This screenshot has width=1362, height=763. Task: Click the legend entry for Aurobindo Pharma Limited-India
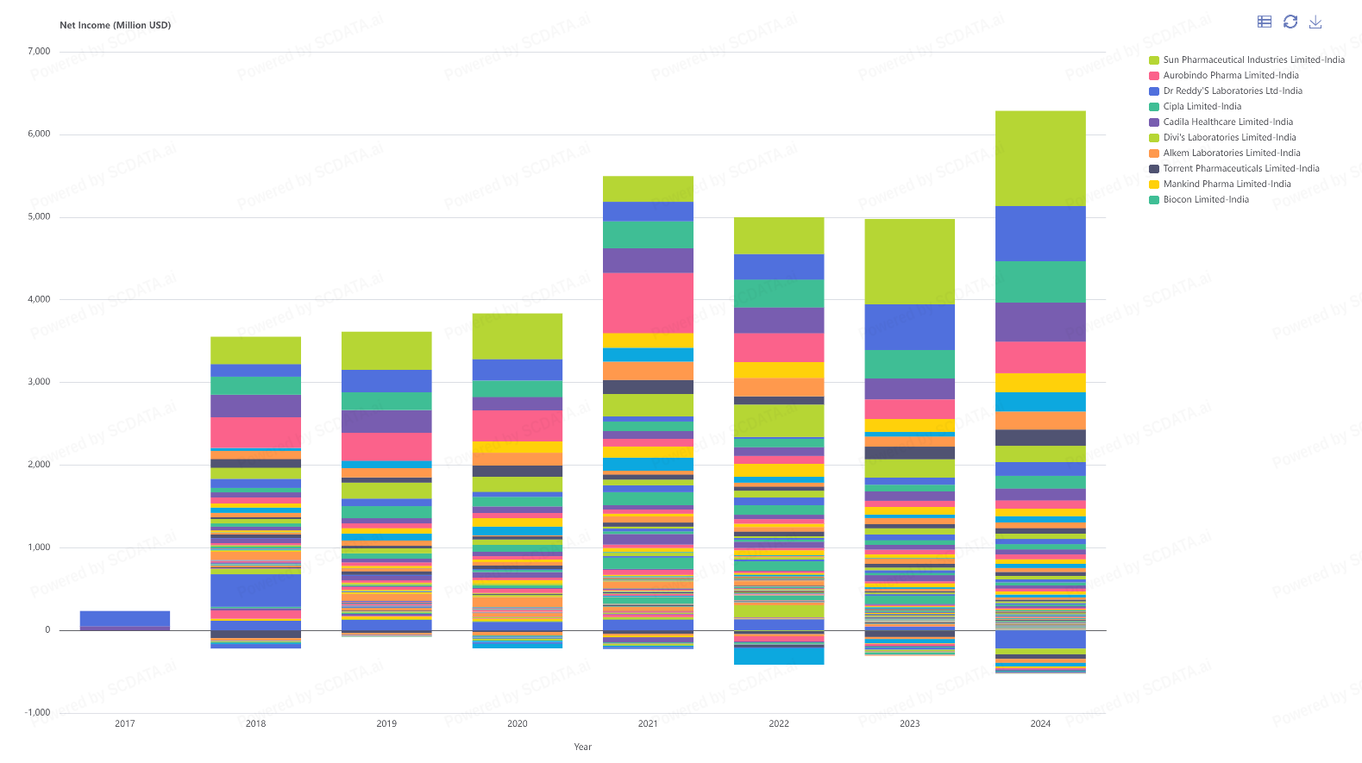click(1230, 76)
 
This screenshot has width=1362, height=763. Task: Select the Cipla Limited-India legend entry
click(1202, 107)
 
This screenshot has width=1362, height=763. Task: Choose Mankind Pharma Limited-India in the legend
click(1227, 184)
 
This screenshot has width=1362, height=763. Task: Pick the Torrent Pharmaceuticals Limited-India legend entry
click(1240, 169)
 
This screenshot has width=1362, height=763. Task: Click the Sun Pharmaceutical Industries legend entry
click(1253, 60)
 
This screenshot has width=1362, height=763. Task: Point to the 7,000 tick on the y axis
click(39, 52)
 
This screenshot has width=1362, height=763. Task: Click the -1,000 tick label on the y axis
click(37, 713)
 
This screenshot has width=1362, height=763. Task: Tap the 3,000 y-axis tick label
click(39, 382)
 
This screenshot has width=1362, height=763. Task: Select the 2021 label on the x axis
click(648, 724)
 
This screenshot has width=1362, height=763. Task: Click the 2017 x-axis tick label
click(125, 724)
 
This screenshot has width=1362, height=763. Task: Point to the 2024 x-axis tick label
click(1040, 724)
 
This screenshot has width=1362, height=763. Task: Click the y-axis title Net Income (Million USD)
click(115, 26)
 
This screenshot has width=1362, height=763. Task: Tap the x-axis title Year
click(583, 747)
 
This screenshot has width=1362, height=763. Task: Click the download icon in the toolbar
click(1315, 22)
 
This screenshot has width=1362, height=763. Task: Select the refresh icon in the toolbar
click(1290, 22)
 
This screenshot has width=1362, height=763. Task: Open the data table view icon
click(1265, 22)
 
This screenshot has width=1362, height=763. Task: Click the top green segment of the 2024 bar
click(1040, 159)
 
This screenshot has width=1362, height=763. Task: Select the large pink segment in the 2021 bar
click(648, 303)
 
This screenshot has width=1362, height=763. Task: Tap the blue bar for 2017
click(125, 618)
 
